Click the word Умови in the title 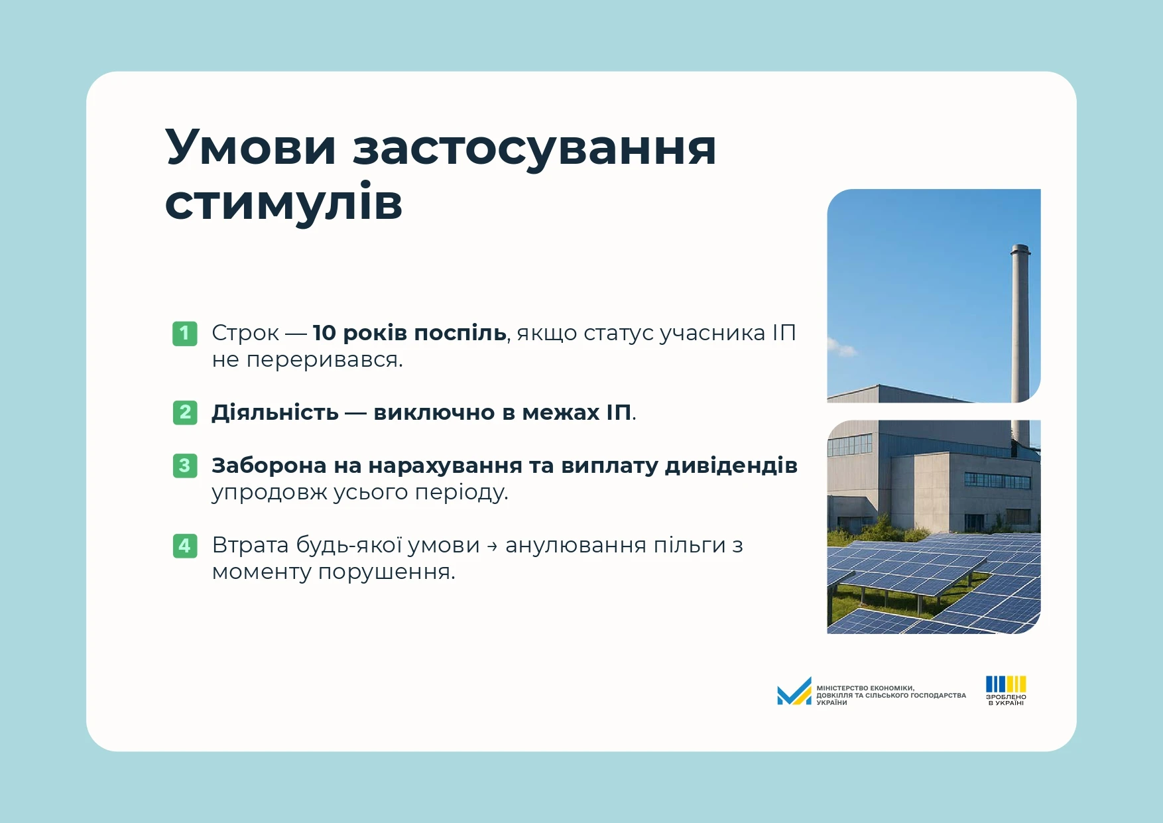pos(251,147)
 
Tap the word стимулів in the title pos(284,202)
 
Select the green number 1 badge pos(185,333)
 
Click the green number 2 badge pos(185,412)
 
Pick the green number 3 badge pos(185,466)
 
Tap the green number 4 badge pos(185,545)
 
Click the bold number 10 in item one pos(324,333)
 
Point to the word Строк pos(245,333)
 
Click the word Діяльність pos(275,412)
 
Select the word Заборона pos(269,466)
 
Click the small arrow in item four pos(492,546)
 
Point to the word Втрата pos(250,545)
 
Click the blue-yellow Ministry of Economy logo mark pos(794,692)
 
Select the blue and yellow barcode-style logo pos(1006,684)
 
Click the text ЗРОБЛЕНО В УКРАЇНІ pos(1006,700)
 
